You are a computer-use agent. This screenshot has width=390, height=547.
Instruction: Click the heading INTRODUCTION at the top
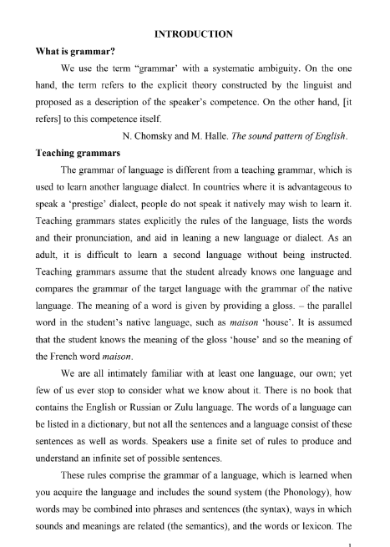click(195, 33)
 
